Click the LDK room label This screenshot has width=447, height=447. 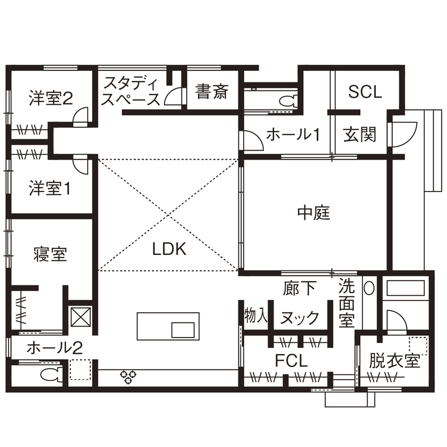tap(169, 249)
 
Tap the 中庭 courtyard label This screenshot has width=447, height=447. tap(314, 213)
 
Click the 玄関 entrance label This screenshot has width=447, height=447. tap(359, 134)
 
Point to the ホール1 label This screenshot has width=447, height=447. tap(293, 135)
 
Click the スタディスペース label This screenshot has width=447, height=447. tap(131, 91)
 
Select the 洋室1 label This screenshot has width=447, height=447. tap(49, 188)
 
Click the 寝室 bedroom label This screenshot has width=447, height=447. tap(49, 255)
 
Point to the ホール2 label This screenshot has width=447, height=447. tap(54, 348)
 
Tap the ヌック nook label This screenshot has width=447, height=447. tap(299, 318)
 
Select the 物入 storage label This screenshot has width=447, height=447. tap(255, 316)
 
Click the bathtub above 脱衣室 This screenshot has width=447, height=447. tap(405, 289)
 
